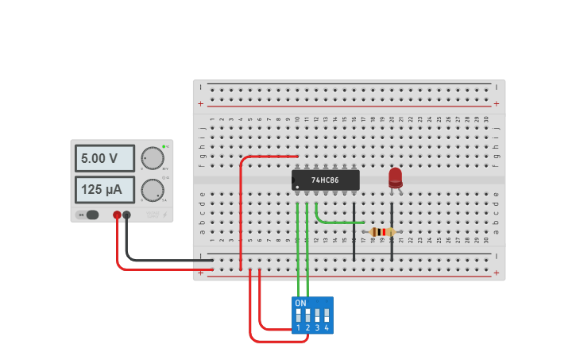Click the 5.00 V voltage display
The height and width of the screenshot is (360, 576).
[x=104, y=159]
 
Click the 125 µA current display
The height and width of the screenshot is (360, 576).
[x=104, y=190]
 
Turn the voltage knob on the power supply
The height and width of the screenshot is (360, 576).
[x=153, y=158]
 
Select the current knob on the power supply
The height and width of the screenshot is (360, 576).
[x=153, y=190]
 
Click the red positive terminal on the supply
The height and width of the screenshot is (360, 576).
[x=117, y=215]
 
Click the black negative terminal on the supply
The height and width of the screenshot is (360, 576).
[x=126, y=215]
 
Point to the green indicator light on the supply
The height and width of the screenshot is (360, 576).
[x=164, y=146]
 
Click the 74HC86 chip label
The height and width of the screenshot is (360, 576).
[x=326, y=180]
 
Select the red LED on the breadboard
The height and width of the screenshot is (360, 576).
[x=395, y=176]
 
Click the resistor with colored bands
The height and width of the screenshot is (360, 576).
[x=382, y=232]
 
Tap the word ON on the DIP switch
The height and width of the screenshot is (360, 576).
[x=300, y=303]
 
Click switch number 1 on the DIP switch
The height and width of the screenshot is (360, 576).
[x=299, y=316]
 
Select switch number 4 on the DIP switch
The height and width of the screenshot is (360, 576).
[x=327, y=316]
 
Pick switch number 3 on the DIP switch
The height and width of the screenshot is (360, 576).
[x=317, y=316]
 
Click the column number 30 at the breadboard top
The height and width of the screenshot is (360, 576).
[x=486, y=119]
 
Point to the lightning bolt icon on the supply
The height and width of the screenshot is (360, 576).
[x=164, y=215]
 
